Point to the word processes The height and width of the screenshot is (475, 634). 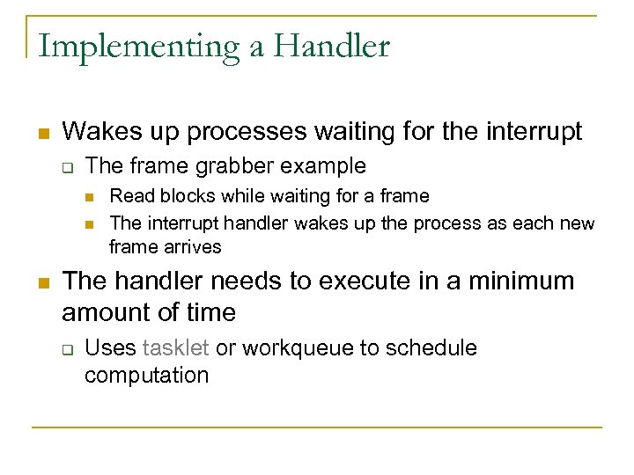coord(247,132)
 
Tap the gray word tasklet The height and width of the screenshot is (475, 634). coord(175,348)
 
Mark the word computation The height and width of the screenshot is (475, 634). coord(146,376)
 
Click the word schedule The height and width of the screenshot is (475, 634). coord(433,348)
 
